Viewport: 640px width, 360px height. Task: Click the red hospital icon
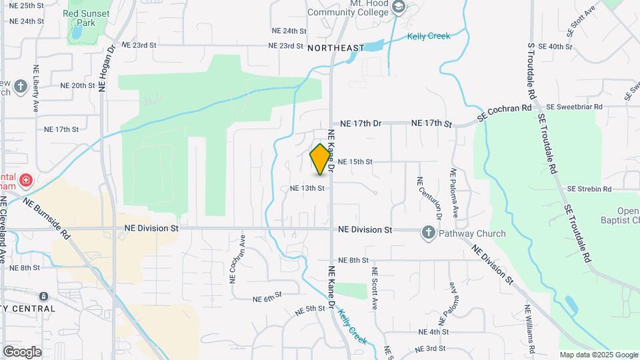25,181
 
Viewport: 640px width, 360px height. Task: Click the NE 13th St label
307,188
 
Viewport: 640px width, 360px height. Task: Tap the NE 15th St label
355,161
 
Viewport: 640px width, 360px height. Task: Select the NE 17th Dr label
360,123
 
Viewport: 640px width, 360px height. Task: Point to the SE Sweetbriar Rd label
574,107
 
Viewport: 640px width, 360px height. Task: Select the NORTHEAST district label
337,47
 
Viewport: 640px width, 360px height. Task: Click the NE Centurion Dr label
430,198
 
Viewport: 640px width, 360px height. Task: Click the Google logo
22,351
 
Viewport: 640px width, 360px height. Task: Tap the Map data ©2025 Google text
599,355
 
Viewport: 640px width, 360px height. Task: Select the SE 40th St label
555,46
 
